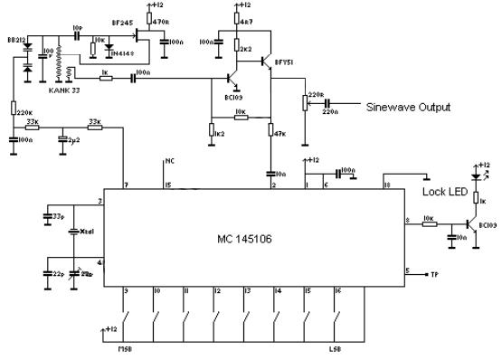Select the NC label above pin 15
pos(169,162)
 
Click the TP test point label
pos(434,272)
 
